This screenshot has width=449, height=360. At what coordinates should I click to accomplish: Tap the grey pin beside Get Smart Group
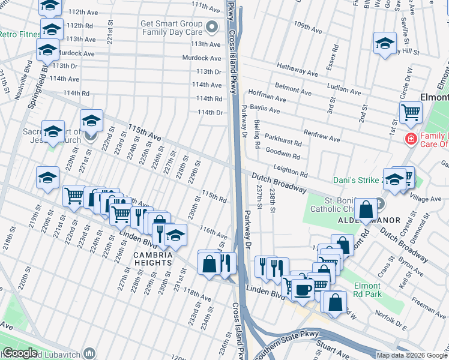click(211, 28)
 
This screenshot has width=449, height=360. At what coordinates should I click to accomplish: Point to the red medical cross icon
click(411, 139)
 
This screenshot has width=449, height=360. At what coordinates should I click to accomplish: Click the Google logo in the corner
click(19, 353)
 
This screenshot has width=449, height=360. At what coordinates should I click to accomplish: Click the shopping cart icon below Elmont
click(411, 112)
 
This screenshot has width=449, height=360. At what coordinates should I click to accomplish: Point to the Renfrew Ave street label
click(322, 136)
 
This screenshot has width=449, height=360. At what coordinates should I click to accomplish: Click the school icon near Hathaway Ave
click(385, 43)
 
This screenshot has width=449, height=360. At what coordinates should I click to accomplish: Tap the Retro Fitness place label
click(19, 34)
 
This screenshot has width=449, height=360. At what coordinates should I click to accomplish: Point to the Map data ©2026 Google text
click(412, 355)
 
